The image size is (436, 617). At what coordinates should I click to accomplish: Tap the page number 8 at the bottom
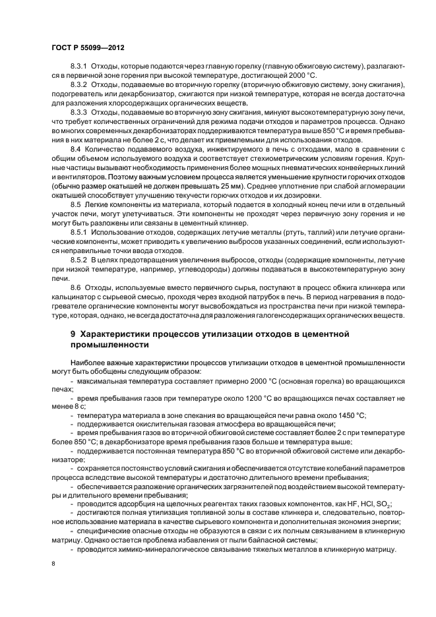pyautogui.click(x=53, y=564)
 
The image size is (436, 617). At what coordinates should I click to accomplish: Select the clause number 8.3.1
pyautogui.click(x=80, y=68)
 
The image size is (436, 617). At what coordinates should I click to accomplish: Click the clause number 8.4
pyautogui.click(x=77, y=152)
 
